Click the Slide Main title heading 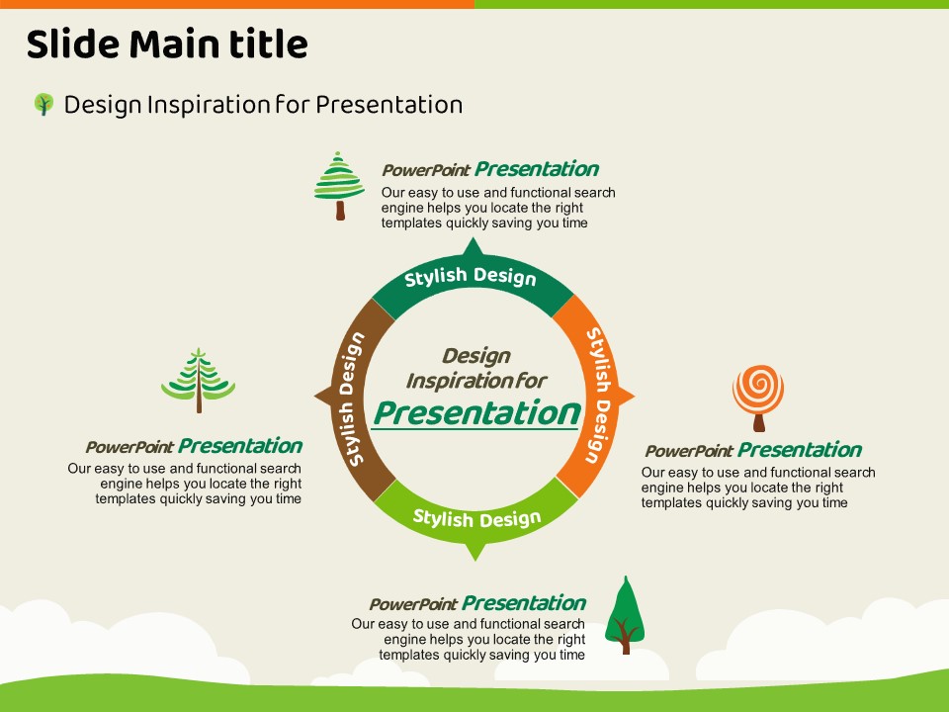tap(166, 44)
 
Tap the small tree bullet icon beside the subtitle tap(43, 104)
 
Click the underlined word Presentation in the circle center tap(475, 412)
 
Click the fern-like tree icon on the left tap(199, 379)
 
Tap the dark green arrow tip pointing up tap(473, 246)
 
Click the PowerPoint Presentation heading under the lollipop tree tap(753, 451)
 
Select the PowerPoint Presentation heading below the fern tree tap(194, 446)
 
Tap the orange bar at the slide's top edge tap(237, 4)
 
